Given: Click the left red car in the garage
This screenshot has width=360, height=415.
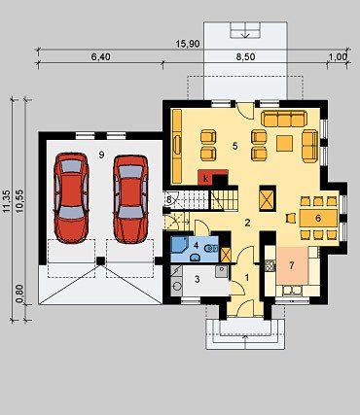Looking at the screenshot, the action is click(71, 197).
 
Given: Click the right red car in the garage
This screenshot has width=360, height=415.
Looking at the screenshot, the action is click(130, 199).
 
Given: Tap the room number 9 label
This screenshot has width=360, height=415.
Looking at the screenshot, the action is click(101, 155).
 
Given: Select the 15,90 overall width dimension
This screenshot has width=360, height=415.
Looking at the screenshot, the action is click(188, 44).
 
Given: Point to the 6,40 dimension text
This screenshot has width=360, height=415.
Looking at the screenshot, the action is click(100, 57).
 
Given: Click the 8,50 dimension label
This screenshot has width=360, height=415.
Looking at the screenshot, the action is click(245, 57).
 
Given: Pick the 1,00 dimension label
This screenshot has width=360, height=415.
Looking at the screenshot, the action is click(338, 57).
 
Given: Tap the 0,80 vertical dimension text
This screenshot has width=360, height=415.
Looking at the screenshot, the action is click(19, 294).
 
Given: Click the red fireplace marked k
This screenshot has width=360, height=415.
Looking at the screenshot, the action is click(206, 177).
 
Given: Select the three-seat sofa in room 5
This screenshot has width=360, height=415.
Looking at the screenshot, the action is click(283, 119).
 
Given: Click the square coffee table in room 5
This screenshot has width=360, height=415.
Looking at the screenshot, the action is click(285, 143).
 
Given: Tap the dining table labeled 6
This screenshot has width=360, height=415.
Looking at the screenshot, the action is click(318, 218).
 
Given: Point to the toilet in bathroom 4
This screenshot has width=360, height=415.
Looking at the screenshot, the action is click(211, 249).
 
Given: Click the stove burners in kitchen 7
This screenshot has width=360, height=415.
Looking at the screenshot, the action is click(270, 266).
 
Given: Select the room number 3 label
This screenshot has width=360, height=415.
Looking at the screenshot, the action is click(198, 279).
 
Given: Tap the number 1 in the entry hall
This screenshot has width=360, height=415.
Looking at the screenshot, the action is click(247, 278).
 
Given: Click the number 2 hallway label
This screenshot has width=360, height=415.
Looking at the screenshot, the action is click(247, 223).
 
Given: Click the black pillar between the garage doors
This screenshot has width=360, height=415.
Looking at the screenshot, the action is click(101, 260).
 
